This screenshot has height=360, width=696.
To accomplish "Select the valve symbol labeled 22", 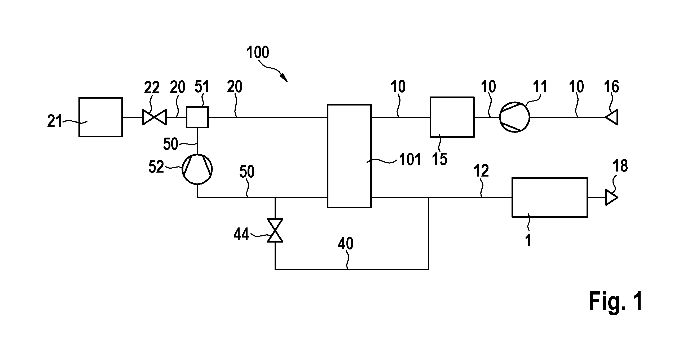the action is [x=154, y=117].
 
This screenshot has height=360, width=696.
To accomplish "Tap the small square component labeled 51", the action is [x=197, y=117].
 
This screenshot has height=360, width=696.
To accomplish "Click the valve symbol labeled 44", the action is [x=275, y=230].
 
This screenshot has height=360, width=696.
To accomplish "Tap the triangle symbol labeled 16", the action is [x=611, y=117].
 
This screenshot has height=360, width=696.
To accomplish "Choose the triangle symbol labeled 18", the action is [x=611, y=197].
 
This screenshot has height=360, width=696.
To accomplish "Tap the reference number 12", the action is [x=481, y=171].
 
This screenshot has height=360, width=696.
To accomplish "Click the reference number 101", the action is [x=410, y=160].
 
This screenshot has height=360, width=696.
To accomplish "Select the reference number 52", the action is [x=156, y=166].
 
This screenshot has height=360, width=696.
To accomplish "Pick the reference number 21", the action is [x=55, y=121].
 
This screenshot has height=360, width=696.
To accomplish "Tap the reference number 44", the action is [x=241, y=234].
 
